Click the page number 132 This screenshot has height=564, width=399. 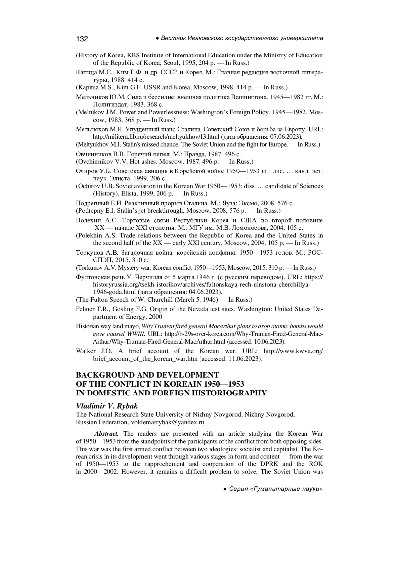pyautogui.click(x=82, y=39)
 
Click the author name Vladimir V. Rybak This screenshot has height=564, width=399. pyautogui.click(x=107, y=406)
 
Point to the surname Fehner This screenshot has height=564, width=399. pyautogui.click(x=85, y=309)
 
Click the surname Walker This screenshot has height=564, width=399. pyautogui.click(x=86, y=351)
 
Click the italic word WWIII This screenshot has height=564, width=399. pyautogui.click(x=135, y=334)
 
